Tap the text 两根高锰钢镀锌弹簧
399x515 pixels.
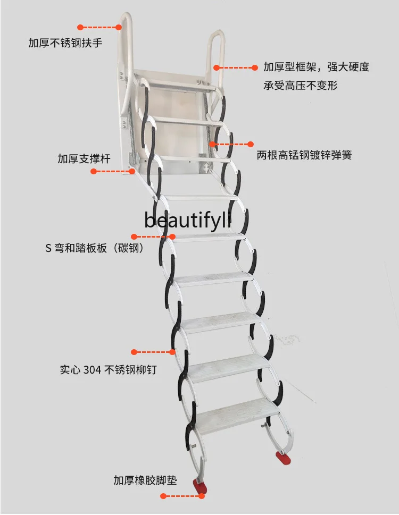(304, 156)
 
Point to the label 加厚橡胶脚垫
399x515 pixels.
(145, 480)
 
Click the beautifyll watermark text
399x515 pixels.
(188, 220)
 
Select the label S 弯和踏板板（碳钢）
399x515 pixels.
(95, 248)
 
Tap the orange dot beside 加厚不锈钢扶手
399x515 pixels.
(80, 27)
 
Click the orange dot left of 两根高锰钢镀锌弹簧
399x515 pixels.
(251, 143)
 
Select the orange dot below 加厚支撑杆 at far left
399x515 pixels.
(93, 171)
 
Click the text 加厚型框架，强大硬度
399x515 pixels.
(316, 67)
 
